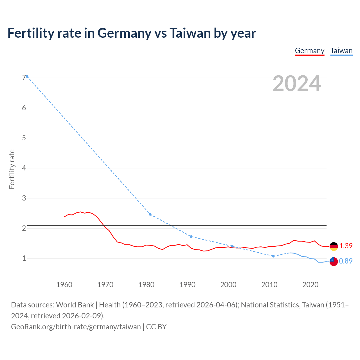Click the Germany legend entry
click(309, 51)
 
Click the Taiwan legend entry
click(341, 51)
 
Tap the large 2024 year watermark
click(296, 84)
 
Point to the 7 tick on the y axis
click(24, 78)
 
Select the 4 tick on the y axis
click(24, 168)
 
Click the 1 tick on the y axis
click(24, 258)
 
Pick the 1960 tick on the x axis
click(64, 285)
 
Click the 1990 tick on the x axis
click(187, 285)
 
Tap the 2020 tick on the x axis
click(310, 285)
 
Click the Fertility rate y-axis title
click(12, 169)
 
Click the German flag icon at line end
click(334, 246)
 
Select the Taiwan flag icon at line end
click(334, 261)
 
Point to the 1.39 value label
click(346, 246)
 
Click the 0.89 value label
click(346, 261)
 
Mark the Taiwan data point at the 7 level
click(27, 76)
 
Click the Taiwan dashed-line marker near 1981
click(150, 214)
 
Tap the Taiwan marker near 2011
click(273, 256)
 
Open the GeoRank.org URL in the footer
click(76, 327)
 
